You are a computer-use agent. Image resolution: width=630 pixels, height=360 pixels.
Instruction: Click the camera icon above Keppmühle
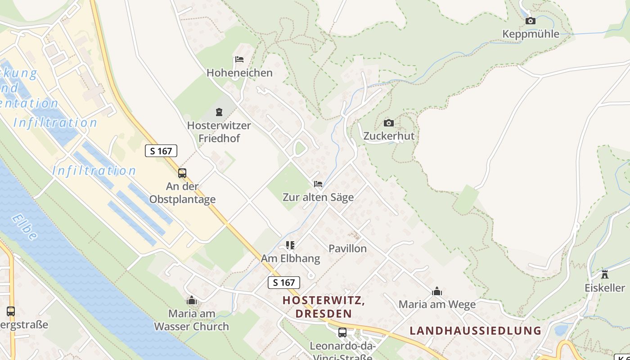click(x=531, y=21)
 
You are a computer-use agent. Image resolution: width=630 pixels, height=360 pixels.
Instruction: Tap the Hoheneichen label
click(x=239, y=72)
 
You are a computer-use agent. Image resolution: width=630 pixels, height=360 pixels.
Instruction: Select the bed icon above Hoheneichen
click(x=239, y=59)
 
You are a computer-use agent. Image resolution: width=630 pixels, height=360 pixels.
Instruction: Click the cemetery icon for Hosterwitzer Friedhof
click(x=219, y=112)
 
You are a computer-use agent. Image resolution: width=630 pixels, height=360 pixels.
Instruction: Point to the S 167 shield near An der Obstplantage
click(x=161, y=151)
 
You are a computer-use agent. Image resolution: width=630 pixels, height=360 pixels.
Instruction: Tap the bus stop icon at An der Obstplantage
click(x=182, y=173)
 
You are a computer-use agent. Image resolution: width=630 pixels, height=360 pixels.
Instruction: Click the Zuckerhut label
click(x=389, y=136)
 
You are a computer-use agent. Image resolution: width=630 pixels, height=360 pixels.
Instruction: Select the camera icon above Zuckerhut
click(x=388, y=123)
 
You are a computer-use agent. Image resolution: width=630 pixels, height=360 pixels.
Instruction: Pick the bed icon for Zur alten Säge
click(x=318, y=184)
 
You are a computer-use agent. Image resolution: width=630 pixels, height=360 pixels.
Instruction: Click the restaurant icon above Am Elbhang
click(x=290, y=245)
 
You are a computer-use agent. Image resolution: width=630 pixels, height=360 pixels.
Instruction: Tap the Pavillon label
click(x=347, y=248)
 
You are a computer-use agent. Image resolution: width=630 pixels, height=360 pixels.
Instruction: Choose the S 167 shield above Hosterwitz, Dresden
click(x=284, y=283)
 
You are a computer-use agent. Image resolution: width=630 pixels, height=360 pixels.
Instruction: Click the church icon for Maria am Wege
click(x=436, y=292)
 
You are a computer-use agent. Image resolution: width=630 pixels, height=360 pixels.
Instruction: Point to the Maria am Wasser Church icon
click(x=192, y=300)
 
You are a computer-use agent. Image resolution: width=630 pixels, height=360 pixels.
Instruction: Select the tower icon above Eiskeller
click(x=605, y=274)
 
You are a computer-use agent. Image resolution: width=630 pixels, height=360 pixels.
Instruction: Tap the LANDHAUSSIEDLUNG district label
click(x=475, y=331)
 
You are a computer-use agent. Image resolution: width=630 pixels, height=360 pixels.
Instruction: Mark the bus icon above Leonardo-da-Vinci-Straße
click(x=342, y=333)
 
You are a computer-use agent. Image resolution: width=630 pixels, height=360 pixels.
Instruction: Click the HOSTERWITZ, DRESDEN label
click(x=323, y=306)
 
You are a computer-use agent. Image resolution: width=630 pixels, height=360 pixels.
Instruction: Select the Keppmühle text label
click(x=531, y=34)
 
